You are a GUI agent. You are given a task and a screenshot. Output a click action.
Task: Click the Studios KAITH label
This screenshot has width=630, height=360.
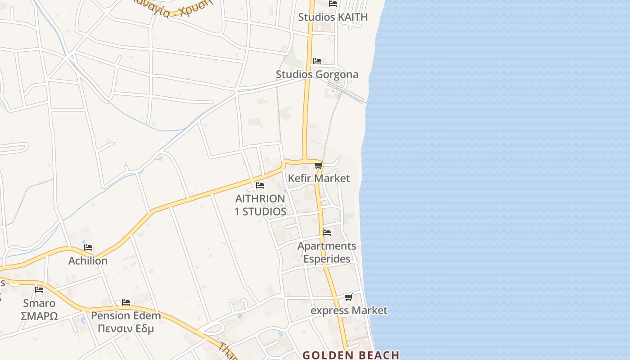[333, 17]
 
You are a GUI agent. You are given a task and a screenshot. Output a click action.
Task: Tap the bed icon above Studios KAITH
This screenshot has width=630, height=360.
[333, 4]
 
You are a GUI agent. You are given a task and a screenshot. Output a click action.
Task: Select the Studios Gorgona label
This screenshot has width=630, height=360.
[317, 74]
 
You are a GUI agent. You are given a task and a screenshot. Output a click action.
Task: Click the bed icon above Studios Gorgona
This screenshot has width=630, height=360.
[317, 61]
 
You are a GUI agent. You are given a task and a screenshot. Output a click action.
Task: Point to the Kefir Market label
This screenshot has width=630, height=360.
[319, 178]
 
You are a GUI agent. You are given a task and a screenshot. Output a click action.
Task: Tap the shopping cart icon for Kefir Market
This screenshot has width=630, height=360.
[319, 166]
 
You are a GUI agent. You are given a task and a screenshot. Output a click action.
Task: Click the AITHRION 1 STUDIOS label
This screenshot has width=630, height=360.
[260, 205]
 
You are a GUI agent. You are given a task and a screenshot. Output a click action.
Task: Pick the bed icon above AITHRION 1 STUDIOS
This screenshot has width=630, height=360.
[260, 185]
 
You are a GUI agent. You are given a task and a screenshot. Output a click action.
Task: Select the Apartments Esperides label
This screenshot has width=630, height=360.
[327, 252]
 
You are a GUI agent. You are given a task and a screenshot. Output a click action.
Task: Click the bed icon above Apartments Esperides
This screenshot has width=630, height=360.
[327, 233]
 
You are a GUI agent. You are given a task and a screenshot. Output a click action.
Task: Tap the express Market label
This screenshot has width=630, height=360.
[349, 310]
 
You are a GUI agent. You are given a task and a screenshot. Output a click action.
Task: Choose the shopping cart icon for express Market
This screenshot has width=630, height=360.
[349, 297]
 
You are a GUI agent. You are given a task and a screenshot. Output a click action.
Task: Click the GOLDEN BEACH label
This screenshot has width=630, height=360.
[351, 355]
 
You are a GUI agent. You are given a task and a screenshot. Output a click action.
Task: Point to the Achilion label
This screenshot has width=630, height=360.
[88, 261]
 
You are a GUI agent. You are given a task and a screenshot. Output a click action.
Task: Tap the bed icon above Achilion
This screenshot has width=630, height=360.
[88, 247]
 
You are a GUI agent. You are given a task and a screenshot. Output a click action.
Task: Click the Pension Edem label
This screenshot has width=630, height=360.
[126, 315]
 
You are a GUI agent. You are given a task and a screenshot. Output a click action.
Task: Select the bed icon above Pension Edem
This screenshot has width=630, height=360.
[126, 302]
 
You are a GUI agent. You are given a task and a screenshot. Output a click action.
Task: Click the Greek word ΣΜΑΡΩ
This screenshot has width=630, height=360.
[39, 316]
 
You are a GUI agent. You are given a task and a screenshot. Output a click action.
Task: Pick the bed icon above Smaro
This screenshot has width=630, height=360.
[39, 290]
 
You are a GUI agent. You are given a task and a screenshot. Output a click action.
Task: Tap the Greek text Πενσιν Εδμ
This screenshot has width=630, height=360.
[126, 328]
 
